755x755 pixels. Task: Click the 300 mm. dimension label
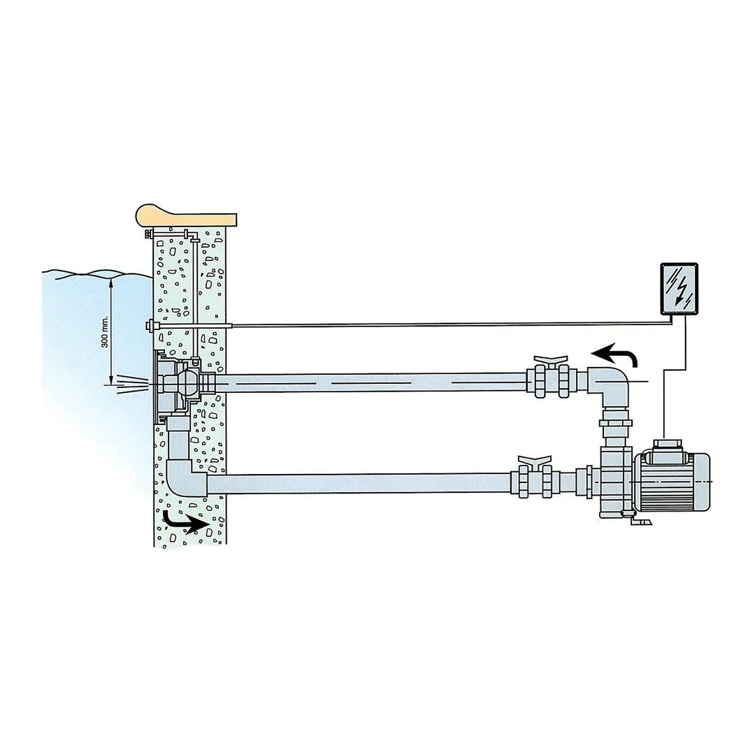click(105, 331)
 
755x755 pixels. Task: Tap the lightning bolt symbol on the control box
click(679, 289)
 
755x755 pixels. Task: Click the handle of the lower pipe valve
click(535, 462)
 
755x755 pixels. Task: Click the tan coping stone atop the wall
click(187, 215)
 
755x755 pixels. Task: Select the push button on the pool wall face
click(150, 325)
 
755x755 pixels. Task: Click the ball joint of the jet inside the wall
click(187, 383)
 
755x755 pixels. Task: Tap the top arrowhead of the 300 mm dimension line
click(111, 281)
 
